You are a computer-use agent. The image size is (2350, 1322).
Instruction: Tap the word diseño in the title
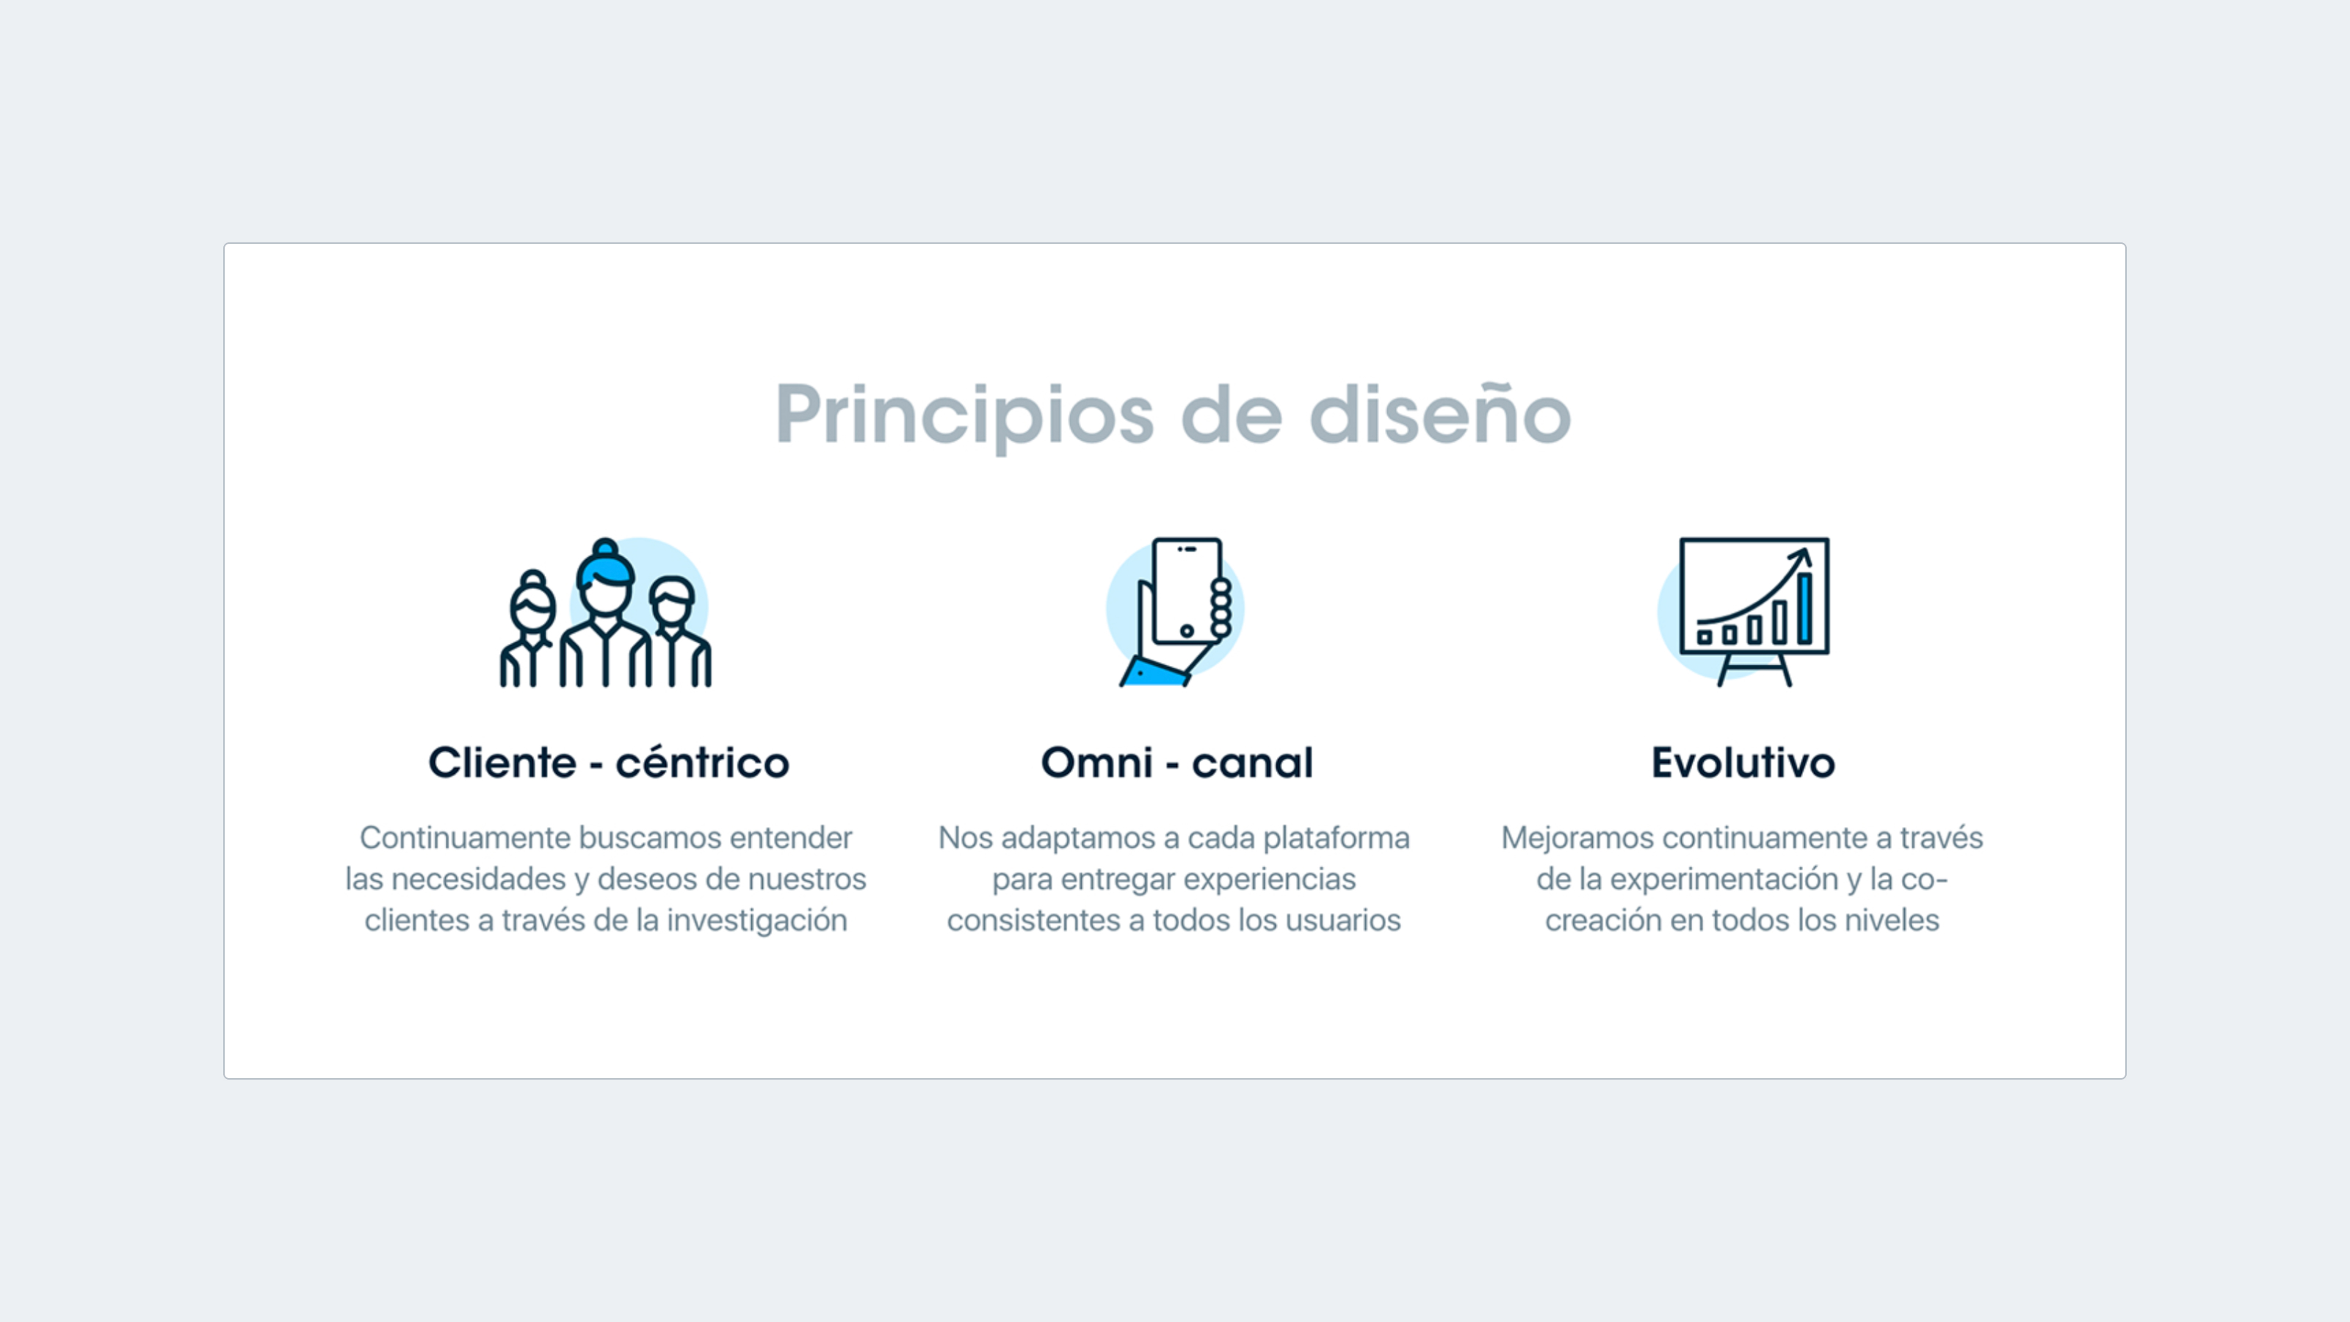pyautogui.click(x=1439, y=416)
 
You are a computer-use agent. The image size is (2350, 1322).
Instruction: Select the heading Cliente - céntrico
pyautogui.click(x=609, y=763)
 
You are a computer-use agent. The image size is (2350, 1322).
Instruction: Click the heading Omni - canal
pyautogui.click(x=1176, y=763)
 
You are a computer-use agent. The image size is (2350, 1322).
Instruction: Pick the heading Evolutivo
pyautogui.click(x=1743, y=763)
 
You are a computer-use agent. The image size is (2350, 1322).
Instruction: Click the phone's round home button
pyautogui.click(x=1187, y=630)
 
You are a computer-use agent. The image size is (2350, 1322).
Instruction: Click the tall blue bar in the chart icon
pyautogui.click(x=1804, y=609)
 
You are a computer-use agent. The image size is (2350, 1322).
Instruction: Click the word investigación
pyautogui.click(x=756, y=920)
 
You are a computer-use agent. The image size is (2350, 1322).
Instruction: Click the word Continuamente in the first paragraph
pyautogui.click(x=464, y=837)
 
